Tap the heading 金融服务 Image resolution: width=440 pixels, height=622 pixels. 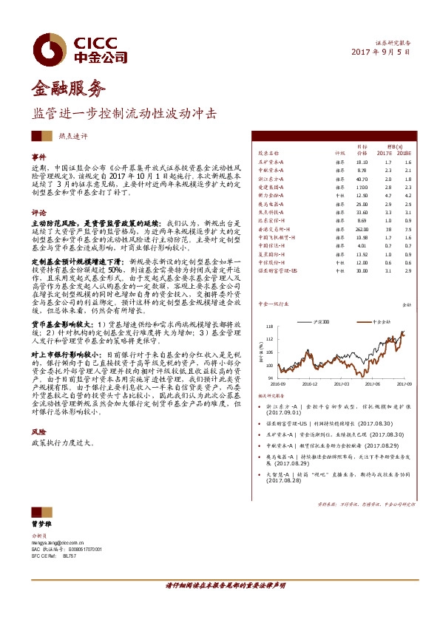pos(65,89)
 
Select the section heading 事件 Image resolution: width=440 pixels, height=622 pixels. pos(38,157)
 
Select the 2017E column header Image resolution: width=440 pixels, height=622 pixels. pos(384,153)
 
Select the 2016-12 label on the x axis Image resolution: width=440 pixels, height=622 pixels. pos(309,384)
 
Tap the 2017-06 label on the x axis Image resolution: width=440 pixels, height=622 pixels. pos(373,384)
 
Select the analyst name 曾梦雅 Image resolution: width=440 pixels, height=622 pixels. pos(40,523)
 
